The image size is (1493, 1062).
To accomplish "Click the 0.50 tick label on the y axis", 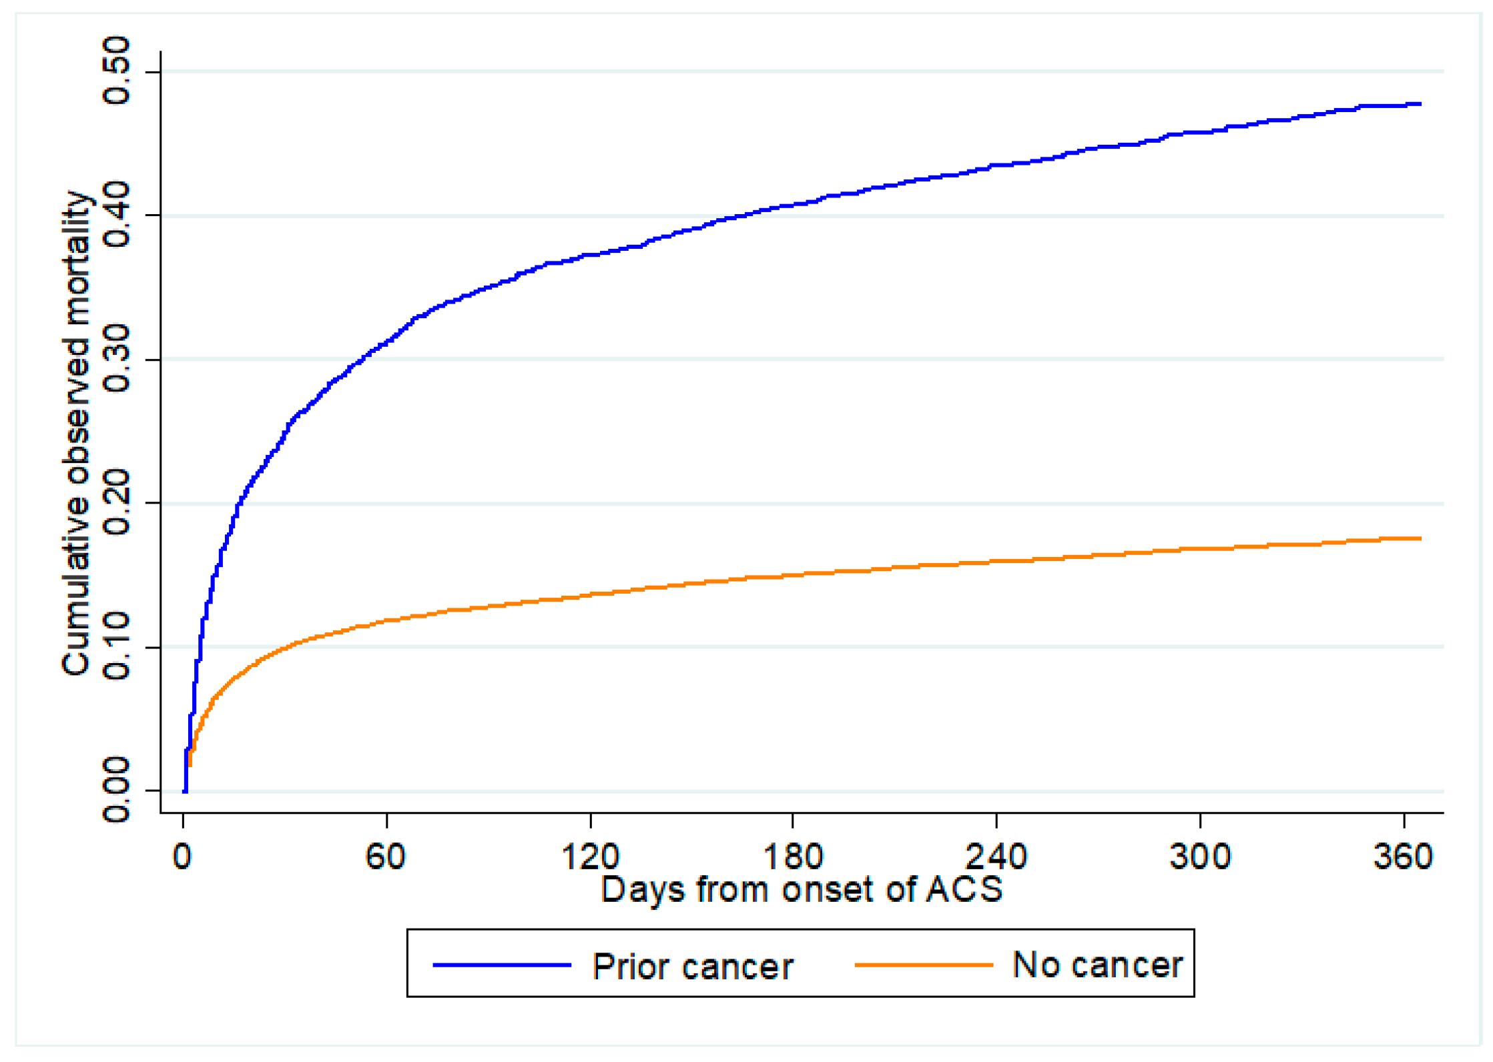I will click(x=116, y=71).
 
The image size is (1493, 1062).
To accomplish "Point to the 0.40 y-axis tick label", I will click(x=116, y=215).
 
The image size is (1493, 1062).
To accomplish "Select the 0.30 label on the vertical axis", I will click(x=116, y=359).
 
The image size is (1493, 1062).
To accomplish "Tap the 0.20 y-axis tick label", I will click(x=116, y=503).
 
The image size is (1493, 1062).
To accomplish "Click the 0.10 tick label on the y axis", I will click(x=116, y=646).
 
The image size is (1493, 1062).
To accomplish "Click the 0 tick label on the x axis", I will click(x=182, y=857).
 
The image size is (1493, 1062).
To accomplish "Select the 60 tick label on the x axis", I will click(x=386, y=857).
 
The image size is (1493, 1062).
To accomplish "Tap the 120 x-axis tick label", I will click(x=590, y=857).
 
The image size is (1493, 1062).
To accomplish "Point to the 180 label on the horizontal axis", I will click(x=792, y=857).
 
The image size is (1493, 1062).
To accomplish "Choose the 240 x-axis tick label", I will click(x=996, y=857).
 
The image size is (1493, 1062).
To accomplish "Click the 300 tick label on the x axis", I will click(x=1199, y=857).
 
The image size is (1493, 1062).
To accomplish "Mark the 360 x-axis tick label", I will click(x=1403, y=857).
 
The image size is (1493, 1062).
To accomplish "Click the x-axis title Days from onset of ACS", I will click(x=801, y=890).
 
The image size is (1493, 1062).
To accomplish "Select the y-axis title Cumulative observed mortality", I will click(x=76, y=434).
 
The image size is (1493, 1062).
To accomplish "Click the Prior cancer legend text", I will click(x=693, y=967).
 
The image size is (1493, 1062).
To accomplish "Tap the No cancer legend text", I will click(x=1097, y=965).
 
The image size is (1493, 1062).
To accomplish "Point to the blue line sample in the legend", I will click(x=502, y=965).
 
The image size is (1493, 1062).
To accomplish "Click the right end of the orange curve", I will click(x=1420, y=538).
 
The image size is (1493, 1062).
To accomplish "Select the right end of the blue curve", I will click(x=1420, y=104).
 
